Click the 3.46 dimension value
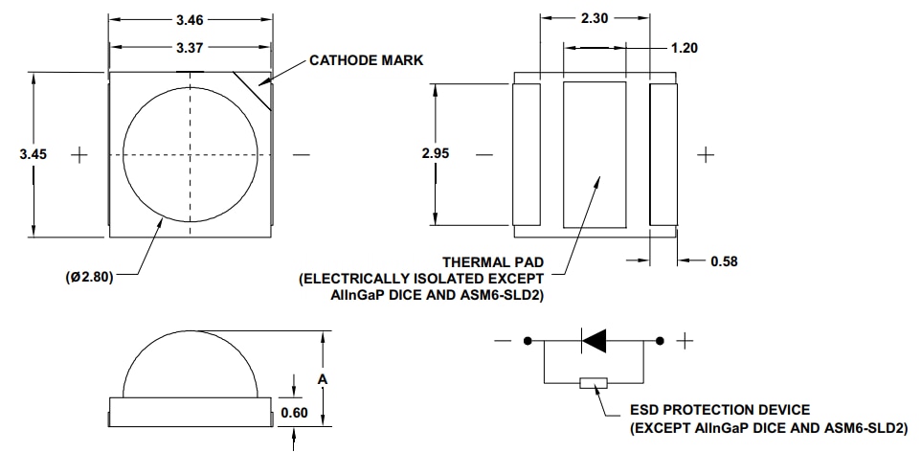pyautogui.click(x=190, y=18)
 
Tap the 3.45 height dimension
pyautogui.click(x=34, y=154)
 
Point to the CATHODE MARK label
pyautogui.click(x=366, y=60)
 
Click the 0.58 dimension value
pyautogui.click(x=724, y=260)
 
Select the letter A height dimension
pyautogui.click(x=324, y=380)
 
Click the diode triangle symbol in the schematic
pyautogui.click(x=595, y=340)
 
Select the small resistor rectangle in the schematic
pyautogui.click(x=594, y=383)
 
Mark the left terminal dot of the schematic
pyautogui.click(x=528, y=340)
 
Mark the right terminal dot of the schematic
pyautogui.click(x=660, y=340)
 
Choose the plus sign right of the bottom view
pyautogui.click(x=707, y=154)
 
